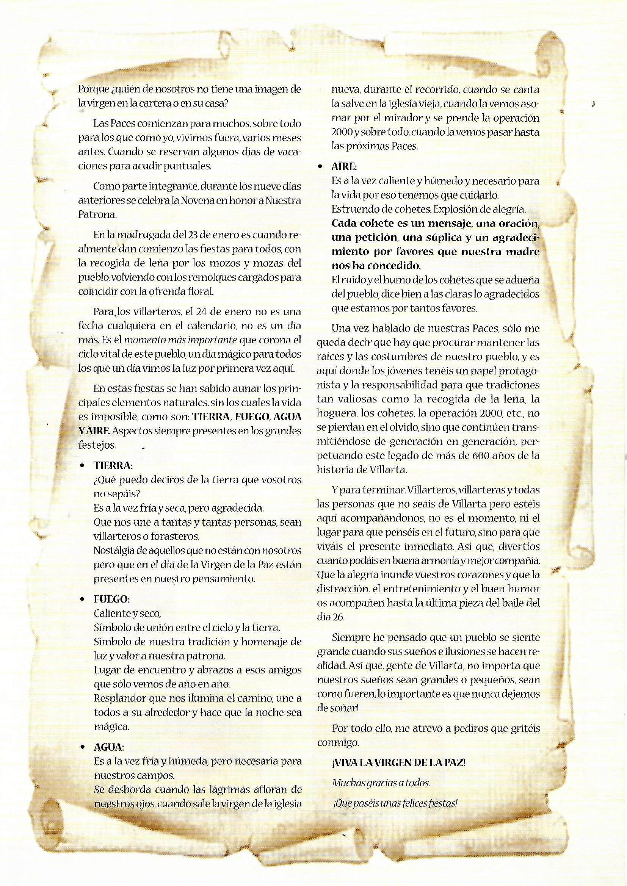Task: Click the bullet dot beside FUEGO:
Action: point(82,600)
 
